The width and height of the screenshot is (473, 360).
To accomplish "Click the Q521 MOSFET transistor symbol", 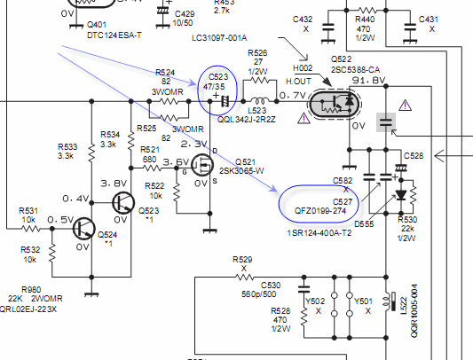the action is tap(202, 165).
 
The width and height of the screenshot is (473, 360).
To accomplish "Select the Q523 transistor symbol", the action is tap(123, 203).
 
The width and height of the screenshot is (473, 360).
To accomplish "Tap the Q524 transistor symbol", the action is tap(84, 229).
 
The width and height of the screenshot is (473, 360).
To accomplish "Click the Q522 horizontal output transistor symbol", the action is tap(335, 104).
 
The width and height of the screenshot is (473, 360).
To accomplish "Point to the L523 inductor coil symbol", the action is tap(260, 100).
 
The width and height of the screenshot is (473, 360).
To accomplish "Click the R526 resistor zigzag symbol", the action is tap(259, 80).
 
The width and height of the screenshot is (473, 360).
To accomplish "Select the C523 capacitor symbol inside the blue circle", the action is tap(225, 101).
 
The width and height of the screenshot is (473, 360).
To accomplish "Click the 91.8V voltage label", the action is tap(368, 80).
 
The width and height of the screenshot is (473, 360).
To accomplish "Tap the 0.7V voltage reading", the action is tap(293, 95).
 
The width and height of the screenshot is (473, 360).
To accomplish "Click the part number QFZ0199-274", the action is tap(320, 211).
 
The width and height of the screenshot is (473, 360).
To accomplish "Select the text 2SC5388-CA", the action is tap(355, 70).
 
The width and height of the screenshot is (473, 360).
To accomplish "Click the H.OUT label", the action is tap(298, 81).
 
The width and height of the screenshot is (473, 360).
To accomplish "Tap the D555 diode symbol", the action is tap(401, 195).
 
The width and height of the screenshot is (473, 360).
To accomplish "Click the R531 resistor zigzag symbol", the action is tap(31, 229).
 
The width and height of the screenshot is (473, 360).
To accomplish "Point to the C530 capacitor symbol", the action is tap(304, 288).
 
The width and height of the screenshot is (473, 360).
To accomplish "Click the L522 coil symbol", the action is tap(387, 301).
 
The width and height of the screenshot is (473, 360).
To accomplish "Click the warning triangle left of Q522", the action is tap(304, 118).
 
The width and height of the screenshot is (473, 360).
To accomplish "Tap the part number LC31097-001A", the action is tap(219, 38).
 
